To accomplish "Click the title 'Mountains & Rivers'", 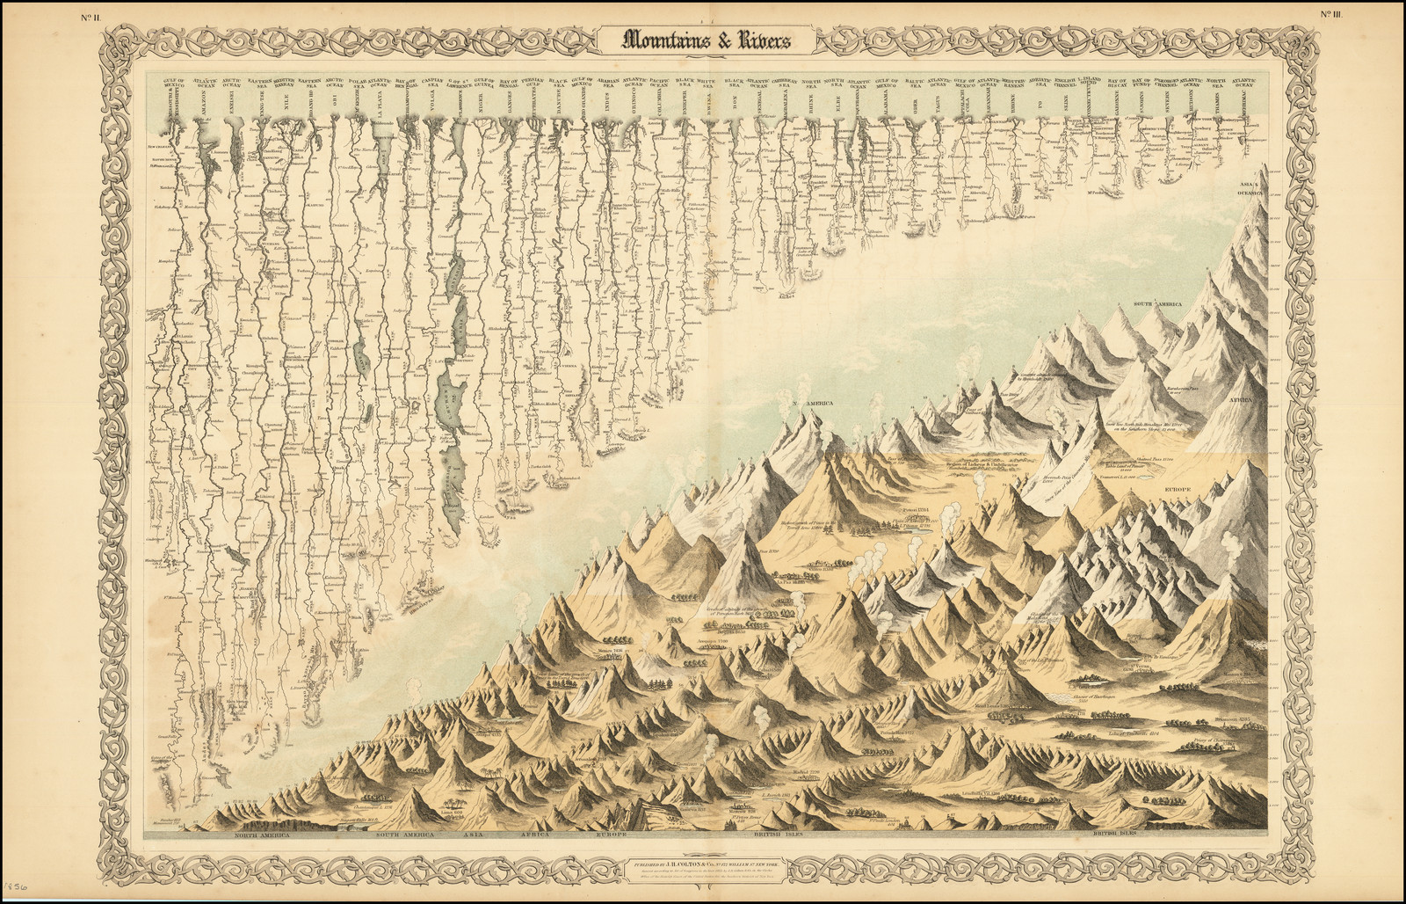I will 707,40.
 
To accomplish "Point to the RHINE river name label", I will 811,108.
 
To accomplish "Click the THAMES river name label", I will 1215,108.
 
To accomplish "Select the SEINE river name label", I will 1066,108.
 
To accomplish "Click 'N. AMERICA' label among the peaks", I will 815,404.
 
